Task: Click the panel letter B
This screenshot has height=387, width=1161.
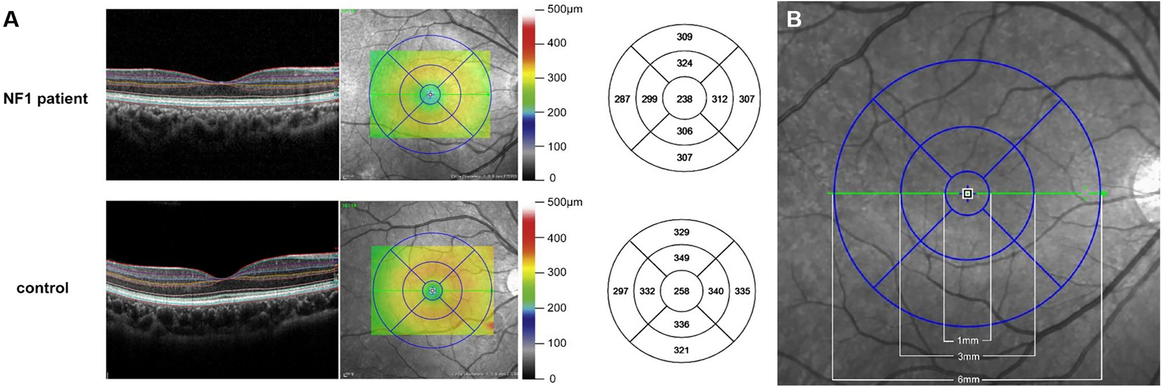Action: tap(794, 19)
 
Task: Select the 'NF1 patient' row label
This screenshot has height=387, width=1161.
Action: tap(46, 98)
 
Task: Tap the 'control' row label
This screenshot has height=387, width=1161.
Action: tap(42, 288)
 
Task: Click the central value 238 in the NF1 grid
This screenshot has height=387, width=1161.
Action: tap(684, 99)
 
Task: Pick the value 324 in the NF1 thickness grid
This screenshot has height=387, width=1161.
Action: tap(684, 63)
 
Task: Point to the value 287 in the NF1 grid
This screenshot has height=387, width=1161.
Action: tap(622, 99)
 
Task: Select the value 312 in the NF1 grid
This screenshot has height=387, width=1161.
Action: tap(720, 99)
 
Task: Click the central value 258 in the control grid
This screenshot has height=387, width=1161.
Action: tap(681, 291)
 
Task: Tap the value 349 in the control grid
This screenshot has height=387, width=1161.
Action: tap(681, 258)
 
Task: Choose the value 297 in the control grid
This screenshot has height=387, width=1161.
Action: tap(620, 291)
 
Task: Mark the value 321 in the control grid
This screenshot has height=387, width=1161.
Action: tap(681, 350)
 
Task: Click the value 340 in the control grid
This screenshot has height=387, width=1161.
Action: tap(716, 291)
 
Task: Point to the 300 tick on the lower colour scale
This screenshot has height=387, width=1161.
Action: tap(556, 272)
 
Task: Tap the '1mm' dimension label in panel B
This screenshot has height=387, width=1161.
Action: tap(967, 341)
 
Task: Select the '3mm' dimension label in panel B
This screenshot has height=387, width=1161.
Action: tap(968, 356)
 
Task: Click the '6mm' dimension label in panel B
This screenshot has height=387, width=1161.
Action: tap(968, 379)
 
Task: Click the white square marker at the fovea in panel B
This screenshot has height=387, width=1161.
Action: tap(967, 193)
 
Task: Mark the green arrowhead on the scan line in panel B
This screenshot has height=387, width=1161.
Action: tap(1104, 193)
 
